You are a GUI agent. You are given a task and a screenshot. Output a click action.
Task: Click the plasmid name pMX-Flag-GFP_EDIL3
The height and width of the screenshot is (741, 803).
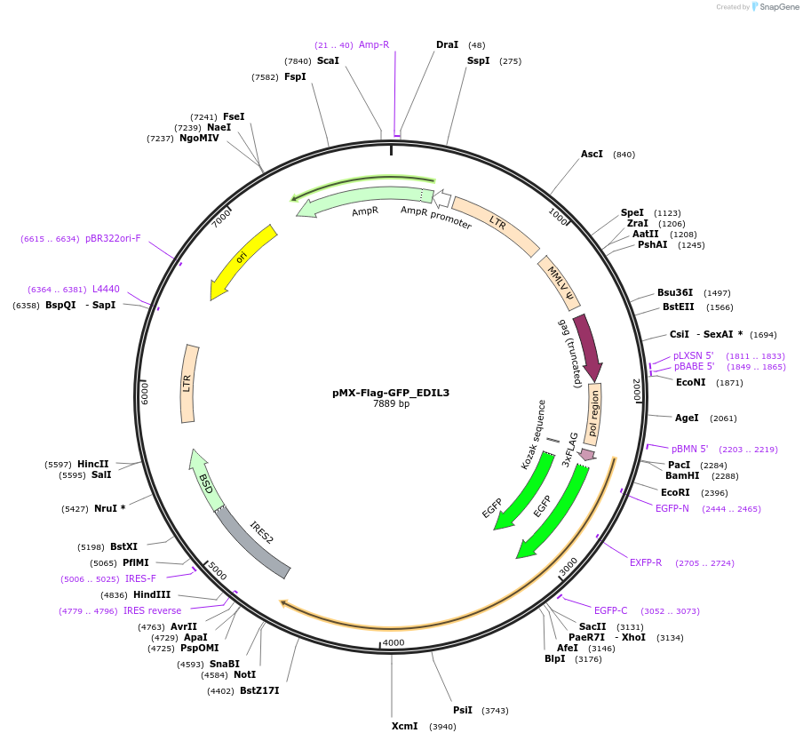391,392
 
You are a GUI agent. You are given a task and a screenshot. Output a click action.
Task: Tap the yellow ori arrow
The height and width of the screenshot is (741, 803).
242,260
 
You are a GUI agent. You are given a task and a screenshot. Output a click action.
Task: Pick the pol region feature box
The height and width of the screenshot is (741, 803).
592,414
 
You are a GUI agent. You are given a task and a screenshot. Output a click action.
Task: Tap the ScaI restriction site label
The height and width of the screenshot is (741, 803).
328,60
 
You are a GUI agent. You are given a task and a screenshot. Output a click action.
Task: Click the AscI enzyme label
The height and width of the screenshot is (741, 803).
592,154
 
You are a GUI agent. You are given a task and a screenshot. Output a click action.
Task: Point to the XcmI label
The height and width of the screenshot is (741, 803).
404,726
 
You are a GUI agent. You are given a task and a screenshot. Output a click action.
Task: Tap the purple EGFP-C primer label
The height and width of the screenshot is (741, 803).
610,610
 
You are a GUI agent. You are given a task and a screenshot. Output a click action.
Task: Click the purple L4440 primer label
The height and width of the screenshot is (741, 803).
106,289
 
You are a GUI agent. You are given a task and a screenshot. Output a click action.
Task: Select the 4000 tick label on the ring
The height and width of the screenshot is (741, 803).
392,642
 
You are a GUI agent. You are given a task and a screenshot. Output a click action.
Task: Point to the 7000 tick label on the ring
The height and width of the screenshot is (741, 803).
221,218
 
